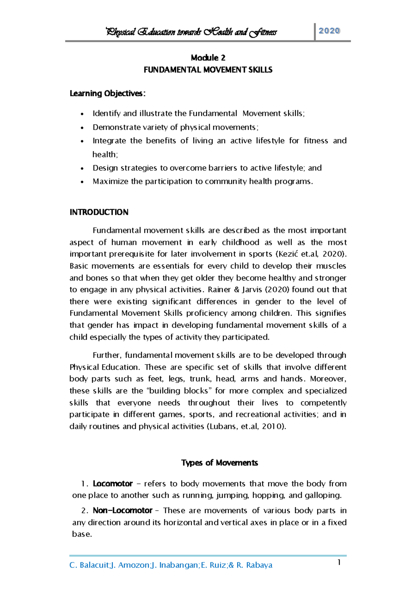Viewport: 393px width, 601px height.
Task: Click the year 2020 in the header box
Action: (329, 31)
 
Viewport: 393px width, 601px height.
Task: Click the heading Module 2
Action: (208, 58)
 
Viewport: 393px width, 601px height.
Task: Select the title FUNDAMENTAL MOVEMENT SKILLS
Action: (208, 70)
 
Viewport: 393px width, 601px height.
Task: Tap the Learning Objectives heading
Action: (107, 94)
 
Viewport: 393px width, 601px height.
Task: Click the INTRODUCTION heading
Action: (99, 212)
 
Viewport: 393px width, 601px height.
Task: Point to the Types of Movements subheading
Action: (219, 463)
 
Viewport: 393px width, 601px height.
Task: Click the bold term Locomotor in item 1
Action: (113, 484)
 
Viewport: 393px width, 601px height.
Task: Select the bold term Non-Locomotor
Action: (122, 511)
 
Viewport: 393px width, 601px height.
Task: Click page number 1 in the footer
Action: (339, 563)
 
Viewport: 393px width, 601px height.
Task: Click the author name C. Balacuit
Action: (89, 565)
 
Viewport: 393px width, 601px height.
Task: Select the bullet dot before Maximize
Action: (82, 182)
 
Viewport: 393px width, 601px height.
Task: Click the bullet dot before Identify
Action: (82, 114)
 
